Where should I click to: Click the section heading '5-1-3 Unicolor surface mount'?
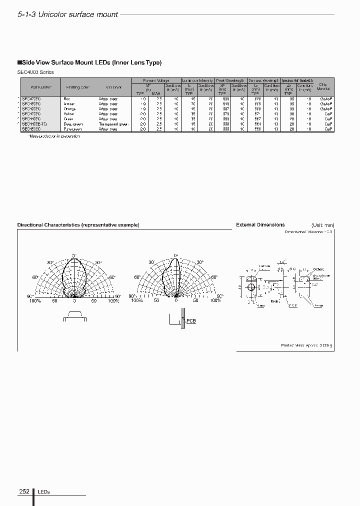point(68,14)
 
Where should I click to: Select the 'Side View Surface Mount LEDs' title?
point(90,62)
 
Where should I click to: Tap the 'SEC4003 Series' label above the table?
point(35,72)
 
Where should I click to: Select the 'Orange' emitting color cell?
point(70,108)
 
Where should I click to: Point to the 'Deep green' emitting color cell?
point(73,124)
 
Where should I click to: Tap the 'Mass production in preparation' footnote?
point(50,135)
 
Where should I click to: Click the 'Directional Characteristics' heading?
point(78,225)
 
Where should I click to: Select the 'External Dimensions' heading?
point(260,225)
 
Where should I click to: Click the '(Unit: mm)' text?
point(322,225)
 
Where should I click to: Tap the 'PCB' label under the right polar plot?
point(191,320)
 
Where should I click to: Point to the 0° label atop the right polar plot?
point(176,255)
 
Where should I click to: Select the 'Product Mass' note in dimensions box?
point(306,345)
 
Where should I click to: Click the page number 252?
point(24,491)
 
